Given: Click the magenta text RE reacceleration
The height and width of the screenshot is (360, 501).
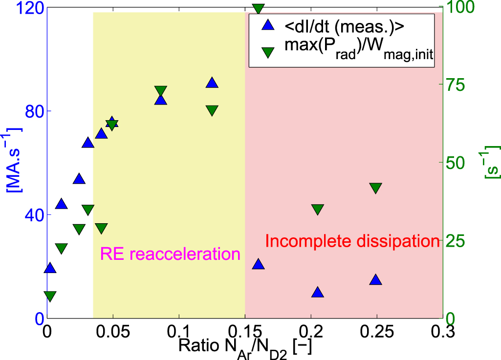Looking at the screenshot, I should [x=170, y=254].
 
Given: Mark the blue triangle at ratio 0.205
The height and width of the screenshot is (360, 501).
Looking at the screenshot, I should [x=318, y=292].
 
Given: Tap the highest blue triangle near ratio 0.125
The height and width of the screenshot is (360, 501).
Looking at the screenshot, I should [x=212, y=83].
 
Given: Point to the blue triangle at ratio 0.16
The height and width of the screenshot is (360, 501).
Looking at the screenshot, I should [x=258, y=264].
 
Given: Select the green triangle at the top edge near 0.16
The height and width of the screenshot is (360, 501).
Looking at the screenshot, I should [x=258, y=10].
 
